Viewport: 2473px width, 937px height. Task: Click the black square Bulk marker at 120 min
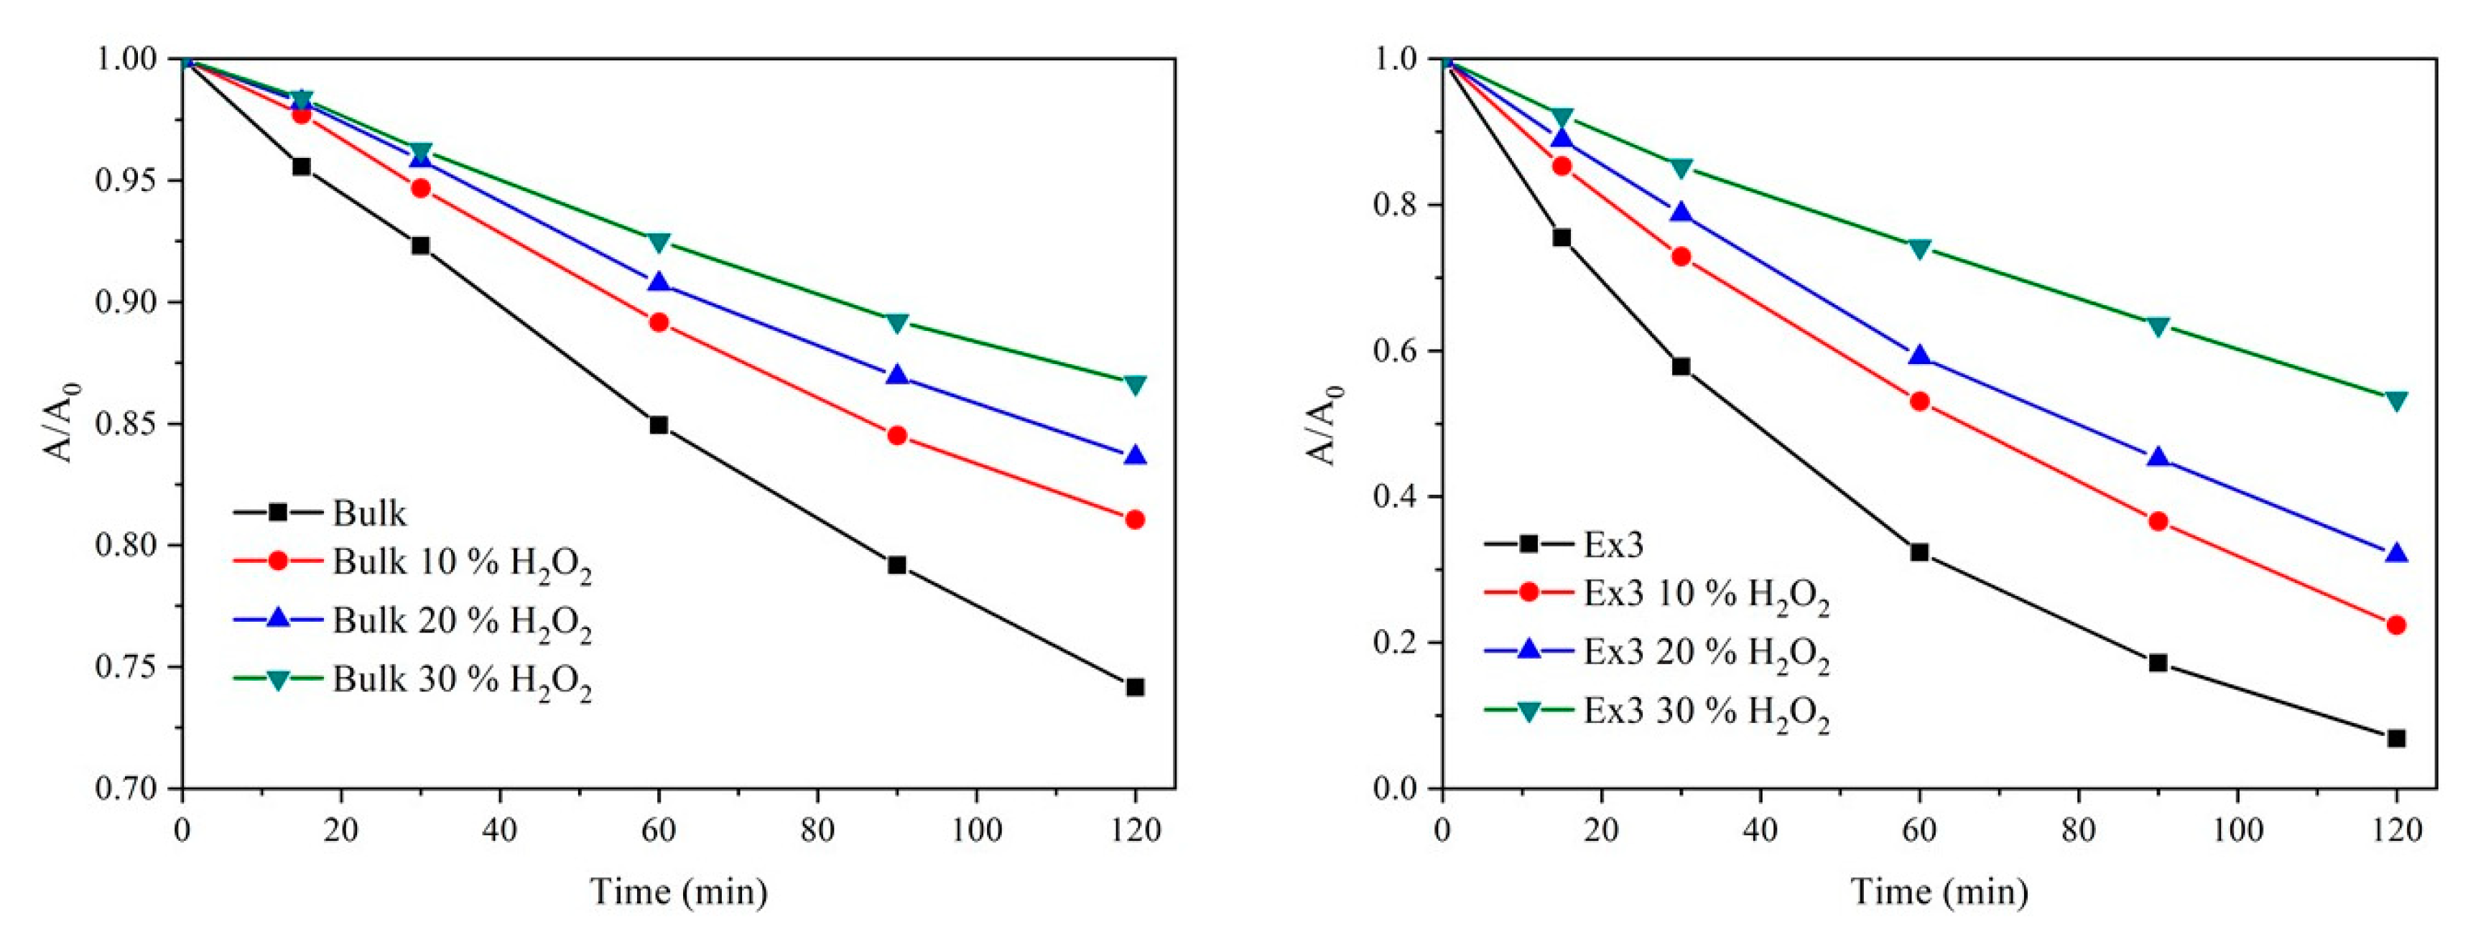[x=1135, y=687]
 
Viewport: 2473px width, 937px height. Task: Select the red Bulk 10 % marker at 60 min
[x=659, y=322]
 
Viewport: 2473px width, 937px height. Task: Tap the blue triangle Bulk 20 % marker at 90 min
[x=896, y=376]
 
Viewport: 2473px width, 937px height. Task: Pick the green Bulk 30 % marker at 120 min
[x=1135, y=385]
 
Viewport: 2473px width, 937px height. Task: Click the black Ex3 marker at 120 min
[x=2396, y=738]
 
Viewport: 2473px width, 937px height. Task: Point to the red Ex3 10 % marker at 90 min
[x=2158, y=521]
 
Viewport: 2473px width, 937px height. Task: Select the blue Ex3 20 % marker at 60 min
[x=1919, y=356]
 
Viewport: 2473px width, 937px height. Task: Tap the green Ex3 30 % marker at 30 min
[x=1681, y=168]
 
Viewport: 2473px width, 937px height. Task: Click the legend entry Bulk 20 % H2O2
[x=461, y=621]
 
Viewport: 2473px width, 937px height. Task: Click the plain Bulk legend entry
[x=370, y=513]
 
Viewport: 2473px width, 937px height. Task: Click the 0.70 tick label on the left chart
[x=128, y=788]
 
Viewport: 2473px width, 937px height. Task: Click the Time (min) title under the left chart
[x=679, y=891]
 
